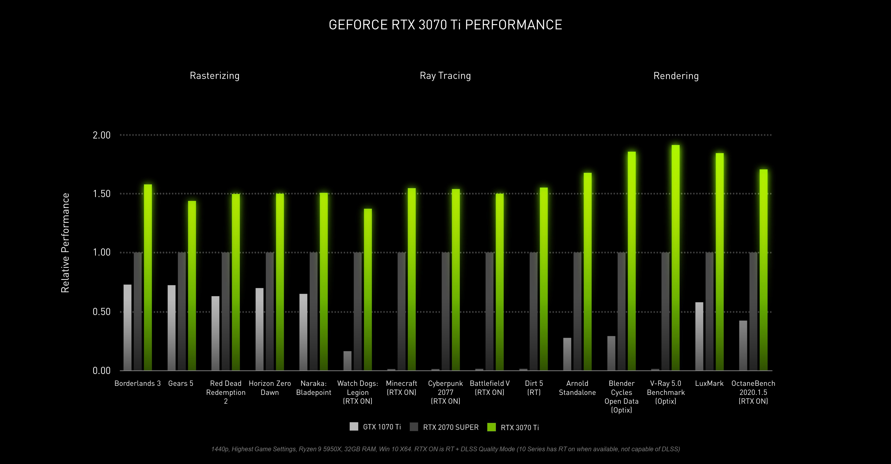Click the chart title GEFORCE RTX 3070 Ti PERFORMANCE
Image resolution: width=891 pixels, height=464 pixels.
(x=445, y=25)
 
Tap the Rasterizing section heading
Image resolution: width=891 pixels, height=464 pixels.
(x=214, y=76)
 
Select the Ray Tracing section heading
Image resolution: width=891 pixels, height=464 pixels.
(x=445, y=76)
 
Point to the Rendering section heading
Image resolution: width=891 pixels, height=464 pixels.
(x=676, y=76)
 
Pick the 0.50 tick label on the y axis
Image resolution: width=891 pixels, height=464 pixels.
(x=101, y=312)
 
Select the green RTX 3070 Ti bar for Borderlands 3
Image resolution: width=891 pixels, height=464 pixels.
(x=148, y=277)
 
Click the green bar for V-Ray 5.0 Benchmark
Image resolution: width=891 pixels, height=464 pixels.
(x=675, y=258)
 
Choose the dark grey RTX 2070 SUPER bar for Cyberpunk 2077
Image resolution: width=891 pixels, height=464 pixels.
(x=445, y=311)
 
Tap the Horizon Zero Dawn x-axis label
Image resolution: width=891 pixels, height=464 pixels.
(x=270, y=388)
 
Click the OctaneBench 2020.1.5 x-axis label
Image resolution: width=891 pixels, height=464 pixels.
(x=753, y=392)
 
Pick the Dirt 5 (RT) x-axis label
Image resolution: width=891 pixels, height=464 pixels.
(x=534, y=388)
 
